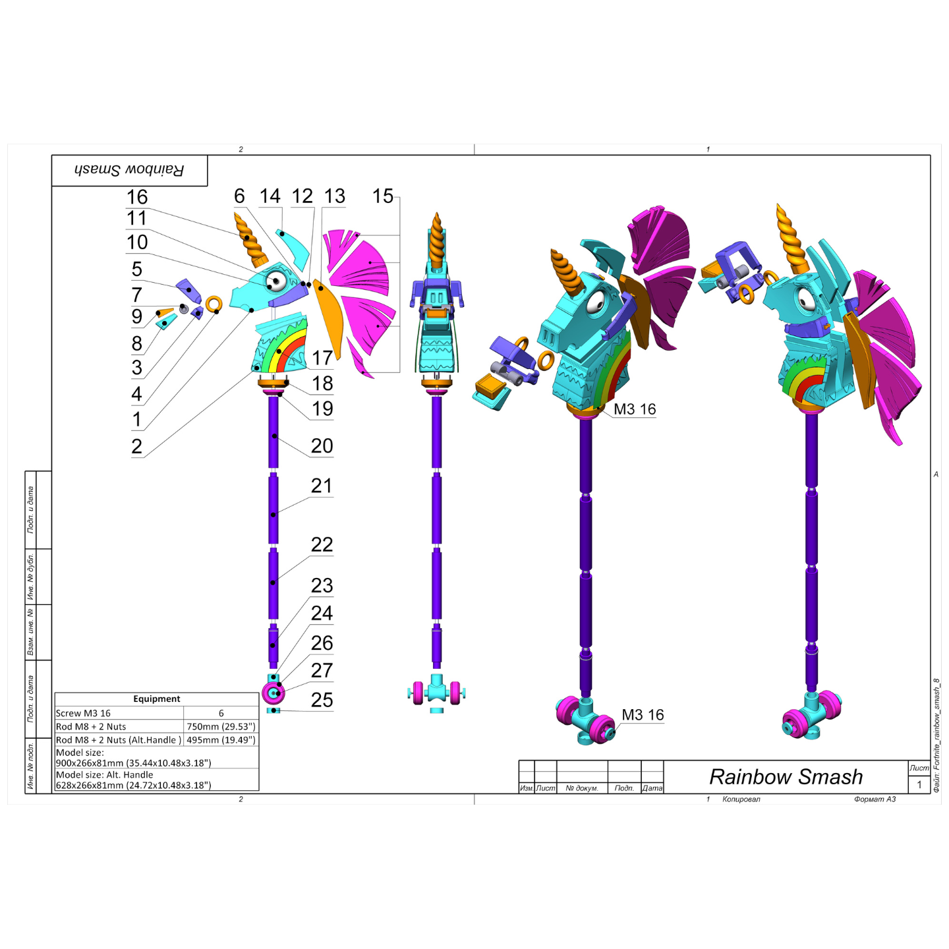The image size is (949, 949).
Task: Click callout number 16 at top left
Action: (x=137, y=197)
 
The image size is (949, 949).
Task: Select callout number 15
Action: (x=382, y=196)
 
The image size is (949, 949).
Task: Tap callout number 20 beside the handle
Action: (x=322, y=446)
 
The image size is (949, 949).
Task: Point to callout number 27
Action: (x=322, y=670)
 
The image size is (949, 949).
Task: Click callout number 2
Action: (x=136, y=447)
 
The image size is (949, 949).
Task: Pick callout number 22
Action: (x=322, y=545)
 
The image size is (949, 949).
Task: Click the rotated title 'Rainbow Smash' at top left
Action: (x=129, y=170)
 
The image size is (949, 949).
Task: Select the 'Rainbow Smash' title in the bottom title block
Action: (x=786, y=777)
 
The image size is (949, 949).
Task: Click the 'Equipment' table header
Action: (x=156, y=699)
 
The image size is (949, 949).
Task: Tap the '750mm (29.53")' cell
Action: (x=220, y=727)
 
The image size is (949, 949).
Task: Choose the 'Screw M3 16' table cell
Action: (x=84, y=713)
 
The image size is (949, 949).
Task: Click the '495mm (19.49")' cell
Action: (x=220, y=740)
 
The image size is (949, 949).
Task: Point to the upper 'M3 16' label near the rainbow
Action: (x=635, y=409)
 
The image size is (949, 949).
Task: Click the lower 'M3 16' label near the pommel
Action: (x=643, y=715)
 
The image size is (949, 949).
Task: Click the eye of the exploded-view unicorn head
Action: (x=276, y=282)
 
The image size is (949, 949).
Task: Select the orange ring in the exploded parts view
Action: (x=214, y=304)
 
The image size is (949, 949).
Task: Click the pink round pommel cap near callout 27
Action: (x=273, y=693)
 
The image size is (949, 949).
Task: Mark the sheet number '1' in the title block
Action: (x=919, y=784)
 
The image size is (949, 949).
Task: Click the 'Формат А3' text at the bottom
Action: (x=875, y=799)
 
